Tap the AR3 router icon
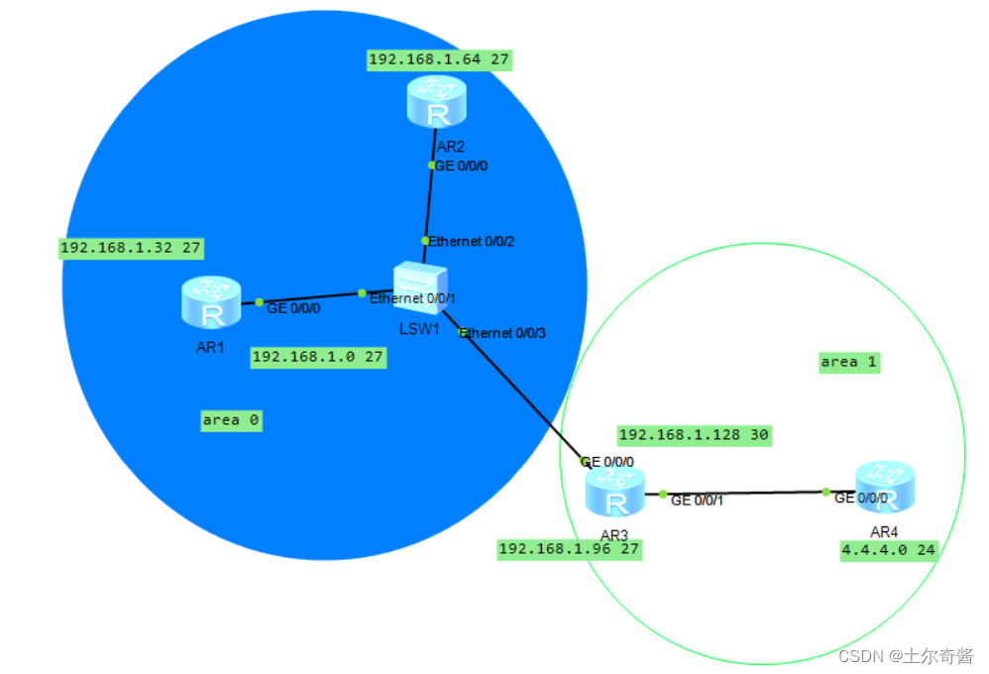point(614,493)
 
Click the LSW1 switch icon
point(420,287)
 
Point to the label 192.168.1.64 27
point(438,59)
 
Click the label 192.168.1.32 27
point(132,247)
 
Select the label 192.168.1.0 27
point(318,356)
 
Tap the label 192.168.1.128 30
point(694,434)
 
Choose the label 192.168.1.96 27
point(569,549)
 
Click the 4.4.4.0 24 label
point(889,551)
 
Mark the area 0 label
point(231,420)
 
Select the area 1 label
point(848,362)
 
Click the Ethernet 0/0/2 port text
point(472,241)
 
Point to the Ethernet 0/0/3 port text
point(502,333)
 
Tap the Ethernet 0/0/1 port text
point(413,298)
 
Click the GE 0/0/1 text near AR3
point(698,501)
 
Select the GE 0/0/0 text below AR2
point(462,166)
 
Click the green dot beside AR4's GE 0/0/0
point(825,492)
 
